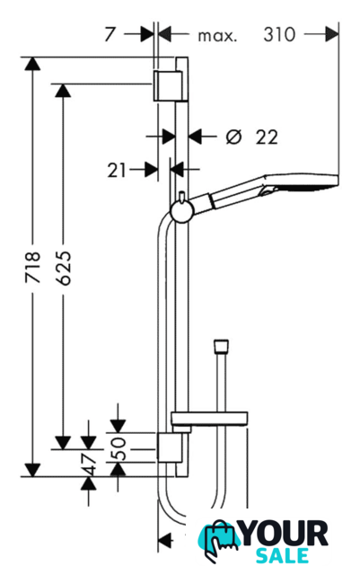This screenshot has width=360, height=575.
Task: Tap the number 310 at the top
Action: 279,35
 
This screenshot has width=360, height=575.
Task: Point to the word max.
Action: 218,36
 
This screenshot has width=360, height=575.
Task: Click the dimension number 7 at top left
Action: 110,35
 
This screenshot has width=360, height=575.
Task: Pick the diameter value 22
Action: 267,137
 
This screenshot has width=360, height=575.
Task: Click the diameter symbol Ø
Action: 234,137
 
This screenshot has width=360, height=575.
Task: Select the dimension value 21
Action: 117,171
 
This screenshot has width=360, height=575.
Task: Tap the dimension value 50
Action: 118,448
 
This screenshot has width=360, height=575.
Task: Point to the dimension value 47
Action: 88,463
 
